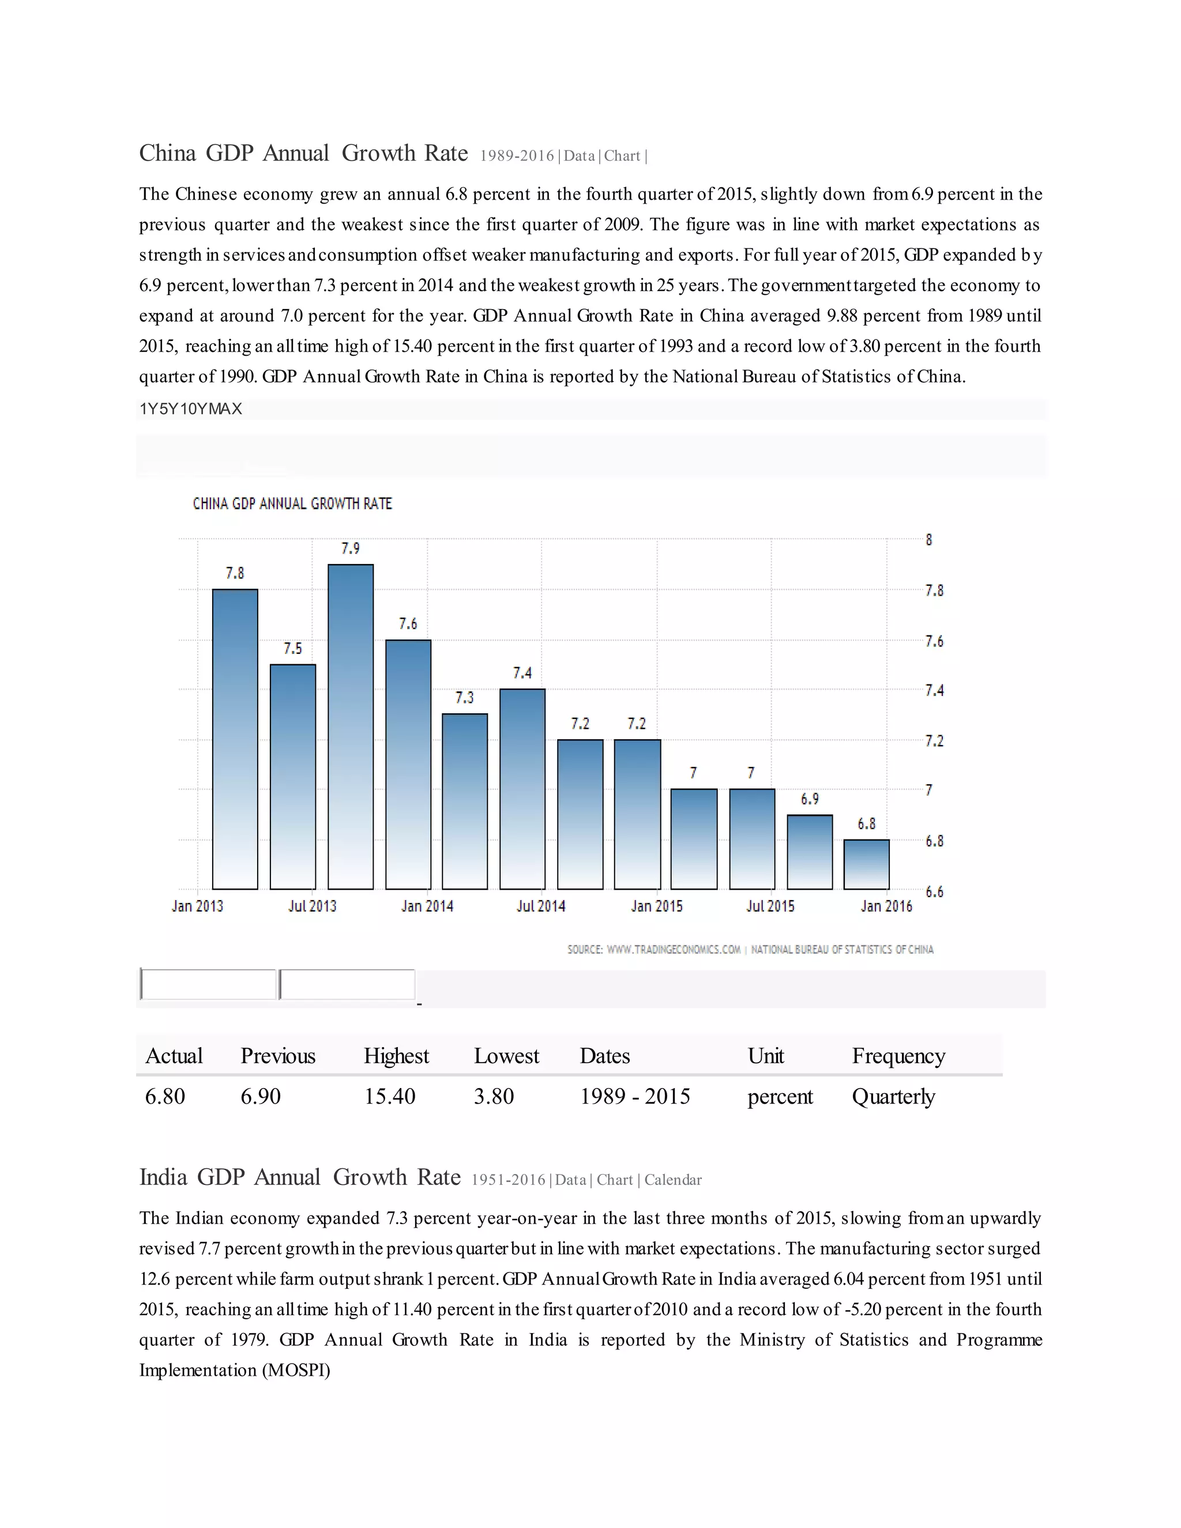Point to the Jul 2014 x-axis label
pos(541,906)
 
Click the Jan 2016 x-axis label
pos(886,906)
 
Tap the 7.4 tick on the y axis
pos(934,691)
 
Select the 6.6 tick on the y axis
pos(934,891)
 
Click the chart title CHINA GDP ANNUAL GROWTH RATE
pos(292,504)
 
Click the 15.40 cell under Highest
pos(390,1096)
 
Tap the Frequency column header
pos(898,1056)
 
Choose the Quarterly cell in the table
pos(893,1096)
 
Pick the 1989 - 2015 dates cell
pos(634,1096)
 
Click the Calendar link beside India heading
pos(672,1180)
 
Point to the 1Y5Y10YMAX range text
pos(191,409)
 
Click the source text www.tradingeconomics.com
pos(673,950)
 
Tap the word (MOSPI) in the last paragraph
pos(296,1370)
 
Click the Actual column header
pos(174,1056)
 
